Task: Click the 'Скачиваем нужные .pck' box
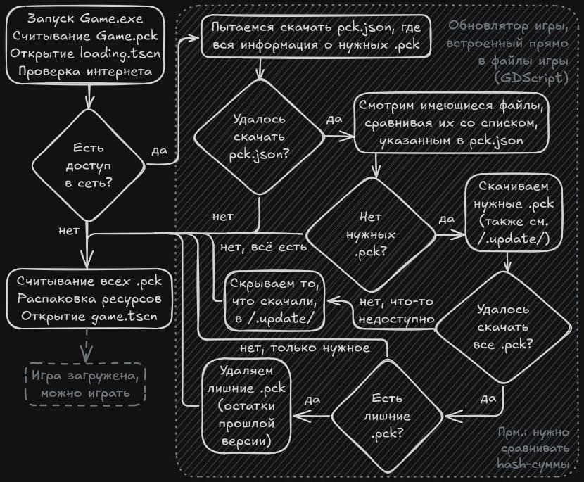point(513,213)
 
